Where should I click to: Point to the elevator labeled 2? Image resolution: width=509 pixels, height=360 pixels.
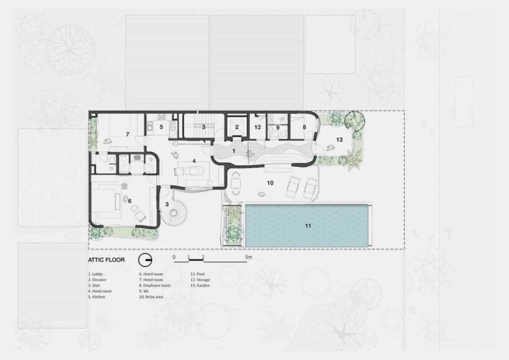pyautogui.click(x=236, y=126)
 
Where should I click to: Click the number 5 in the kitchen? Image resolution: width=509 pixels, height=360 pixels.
pyautogui.click(x=161, y=127)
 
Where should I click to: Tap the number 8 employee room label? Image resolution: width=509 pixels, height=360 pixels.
pyautogui.click(x=304, y=126)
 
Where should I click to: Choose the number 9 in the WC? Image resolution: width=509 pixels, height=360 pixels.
pyautogui.click(x=278, y=126)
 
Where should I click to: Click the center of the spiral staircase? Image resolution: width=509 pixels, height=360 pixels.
pyautogui.click(x=175, y=216)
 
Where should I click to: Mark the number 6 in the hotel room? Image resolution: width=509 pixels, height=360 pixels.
pyautogui.click(x=130, y=201)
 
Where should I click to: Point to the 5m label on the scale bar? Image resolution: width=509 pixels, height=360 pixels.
pyautogui.click(x=248, y=257)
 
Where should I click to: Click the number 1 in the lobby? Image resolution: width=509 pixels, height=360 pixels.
pyautogui.click(x=234, y=151)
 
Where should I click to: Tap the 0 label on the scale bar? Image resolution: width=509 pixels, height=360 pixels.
pyautogui.click(x=174, y=257)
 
